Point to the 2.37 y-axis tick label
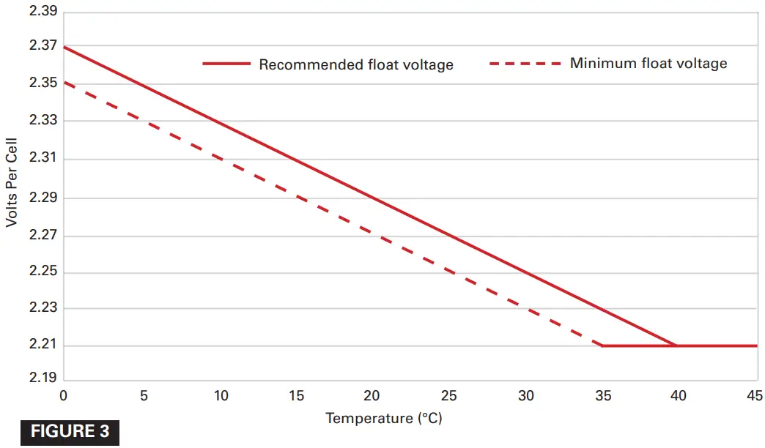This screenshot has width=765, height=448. [42, 45]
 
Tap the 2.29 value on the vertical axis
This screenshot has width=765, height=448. [42, 198]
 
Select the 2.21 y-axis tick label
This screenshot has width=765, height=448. [42, 346]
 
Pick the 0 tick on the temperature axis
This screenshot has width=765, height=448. [63, 396]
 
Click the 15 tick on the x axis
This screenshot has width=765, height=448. [296, 396]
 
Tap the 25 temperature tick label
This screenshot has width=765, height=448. [449, 396]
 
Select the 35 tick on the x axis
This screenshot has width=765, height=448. [602, 396]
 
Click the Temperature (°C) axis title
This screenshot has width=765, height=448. [384, 419]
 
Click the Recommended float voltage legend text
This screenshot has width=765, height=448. [356, 64]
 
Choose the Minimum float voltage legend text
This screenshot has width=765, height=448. [648, 63]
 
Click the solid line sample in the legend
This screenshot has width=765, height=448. [226, 64]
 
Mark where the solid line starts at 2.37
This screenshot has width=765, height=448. [64, 46]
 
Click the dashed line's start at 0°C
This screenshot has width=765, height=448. [64, 83]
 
